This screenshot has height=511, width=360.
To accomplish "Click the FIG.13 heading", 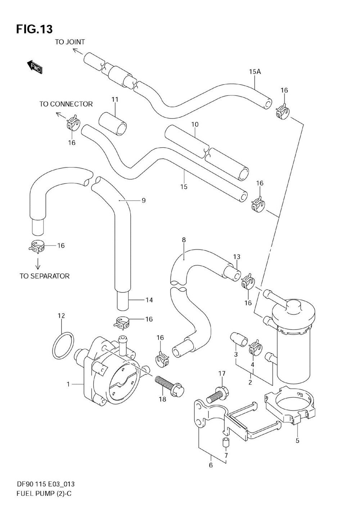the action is point(35,29).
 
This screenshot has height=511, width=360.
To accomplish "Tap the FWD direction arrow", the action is point(35,67).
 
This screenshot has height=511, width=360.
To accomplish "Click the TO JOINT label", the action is point(70,42).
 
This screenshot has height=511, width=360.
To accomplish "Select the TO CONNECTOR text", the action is point(66,104).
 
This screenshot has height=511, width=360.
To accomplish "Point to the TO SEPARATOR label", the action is point(44,276).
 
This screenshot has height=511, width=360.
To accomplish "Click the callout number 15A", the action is point(255,72).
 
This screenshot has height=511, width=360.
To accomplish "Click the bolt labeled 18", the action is point(170,385).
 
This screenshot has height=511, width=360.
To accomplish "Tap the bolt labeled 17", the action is point(218,394).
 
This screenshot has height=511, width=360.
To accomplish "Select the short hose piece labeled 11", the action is point(113,122).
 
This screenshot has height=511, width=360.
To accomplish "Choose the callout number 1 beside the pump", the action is point(68,384).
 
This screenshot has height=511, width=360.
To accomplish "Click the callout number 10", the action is point(195,124).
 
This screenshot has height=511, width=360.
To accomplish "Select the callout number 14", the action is point(149,300).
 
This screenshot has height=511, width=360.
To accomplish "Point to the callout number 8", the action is point(184,240).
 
